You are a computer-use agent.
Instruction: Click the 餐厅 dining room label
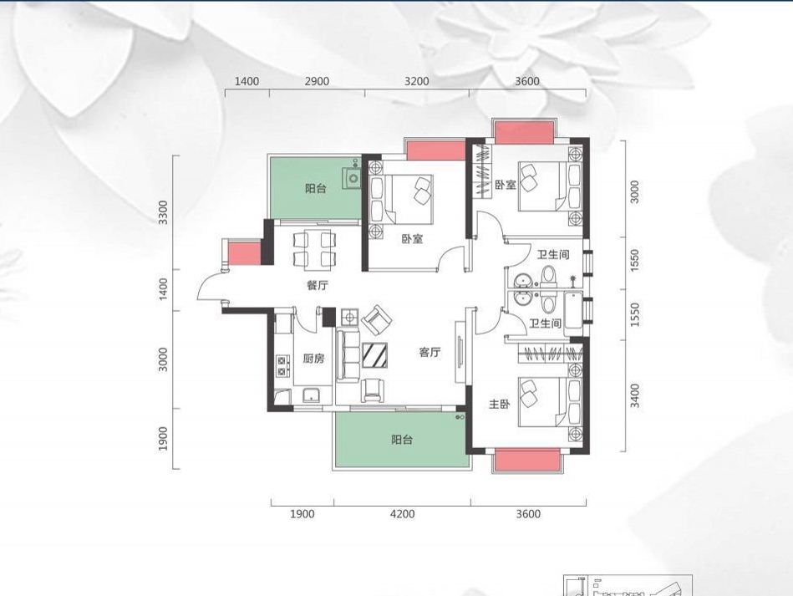[317, 285]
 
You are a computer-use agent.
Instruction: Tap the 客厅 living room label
[430, 352]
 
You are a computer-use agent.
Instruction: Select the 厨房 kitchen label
[313, 359]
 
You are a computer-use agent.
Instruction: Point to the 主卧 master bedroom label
[499, 404]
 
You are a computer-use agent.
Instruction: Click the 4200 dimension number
[403, 514]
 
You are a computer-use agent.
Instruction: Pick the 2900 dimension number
[317, 81]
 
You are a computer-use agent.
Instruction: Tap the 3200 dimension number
[416, 81]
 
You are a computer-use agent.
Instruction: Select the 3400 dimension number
[635, 395]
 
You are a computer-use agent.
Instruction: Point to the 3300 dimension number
[162, 212]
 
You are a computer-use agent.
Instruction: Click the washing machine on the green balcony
[352, 177]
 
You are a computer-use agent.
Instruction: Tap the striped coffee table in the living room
[375, 355]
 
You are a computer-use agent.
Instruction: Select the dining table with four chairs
[313, 248]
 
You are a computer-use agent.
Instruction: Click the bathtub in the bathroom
[573, 311]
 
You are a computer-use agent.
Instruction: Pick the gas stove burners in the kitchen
[282, 366]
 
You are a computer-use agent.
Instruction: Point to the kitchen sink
[312, 395]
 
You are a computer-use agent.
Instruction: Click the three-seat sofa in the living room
[348, 354]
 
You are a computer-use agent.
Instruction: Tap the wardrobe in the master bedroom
[552, 353]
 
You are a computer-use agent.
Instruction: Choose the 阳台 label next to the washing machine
[316, 189]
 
